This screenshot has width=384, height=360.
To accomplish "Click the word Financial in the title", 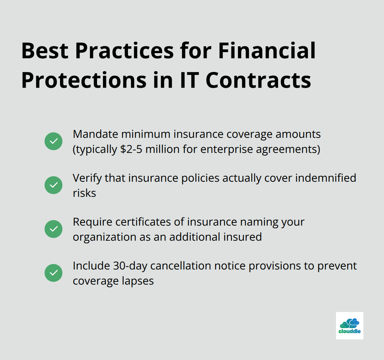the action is tap(267, 51).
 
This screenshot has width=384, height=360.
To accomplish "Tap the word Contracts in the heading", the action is tap(259, 80).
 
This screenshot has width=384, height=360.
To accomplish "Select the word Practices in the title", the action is tap(124, 51).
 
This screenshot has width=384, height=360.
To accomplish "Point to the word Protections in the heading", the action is tap(84, 80).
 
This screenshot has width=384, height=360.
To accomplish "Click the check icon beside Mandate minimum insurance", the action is tap(53, 141).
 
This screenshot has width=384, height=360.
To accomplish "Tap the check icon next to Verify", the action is tap(53, 185).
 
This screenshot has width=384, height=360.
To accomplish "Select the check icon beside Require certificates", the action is tap(53, 229).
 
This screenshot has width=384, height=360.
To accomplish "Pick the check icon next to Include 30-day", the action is tap(53, 273).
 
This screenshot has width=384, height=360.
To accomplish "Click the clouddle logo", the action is tap(349, 326).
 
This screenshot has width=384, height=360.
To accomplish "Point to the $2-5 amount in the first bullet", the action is tap(131, 149).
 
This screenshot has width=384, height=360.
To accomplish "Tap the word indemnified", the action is tap(325, 178).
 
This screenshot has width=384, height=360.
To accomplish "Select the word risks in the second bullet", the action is tap(84, 193).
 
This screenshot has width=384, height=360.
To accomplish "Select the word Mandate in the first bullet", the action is tap(96, 134).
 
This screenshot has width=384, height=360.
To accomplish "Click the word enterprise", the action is tap(227, 149).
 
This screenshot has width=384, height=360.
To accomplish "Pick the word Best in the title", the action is tap(45, 51).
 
